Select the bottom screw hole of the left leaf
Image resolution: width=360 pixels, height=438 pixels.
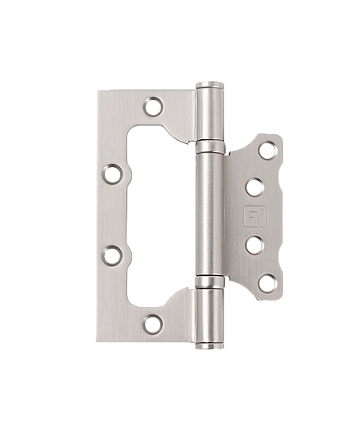tap(153, 324)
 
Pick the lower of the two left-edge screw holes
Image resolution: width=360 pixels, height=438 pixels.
tap(112, 255)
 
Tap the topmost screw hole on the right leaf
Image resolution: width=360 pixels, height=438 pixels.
tap(267, 150)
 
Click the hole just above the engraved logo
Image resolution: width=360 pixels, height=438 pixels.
tap(254, 187)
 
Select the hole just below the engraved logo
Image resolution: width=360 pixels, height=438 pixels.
tap(254, 245)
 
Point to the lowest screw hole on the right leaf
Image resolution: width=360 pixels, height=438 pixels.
tap(267, 283)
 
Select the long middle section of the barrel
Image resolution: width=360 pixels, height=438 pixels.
tap(210, 214)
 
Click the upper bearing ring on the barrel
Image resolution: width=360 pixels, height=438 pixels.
tap(210, 147)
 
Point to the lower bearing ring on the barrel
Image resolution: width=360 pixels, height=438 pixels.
tap(210, 282)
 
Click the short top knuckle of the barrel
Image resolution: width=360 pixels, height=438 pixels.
tap(210, 115)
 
